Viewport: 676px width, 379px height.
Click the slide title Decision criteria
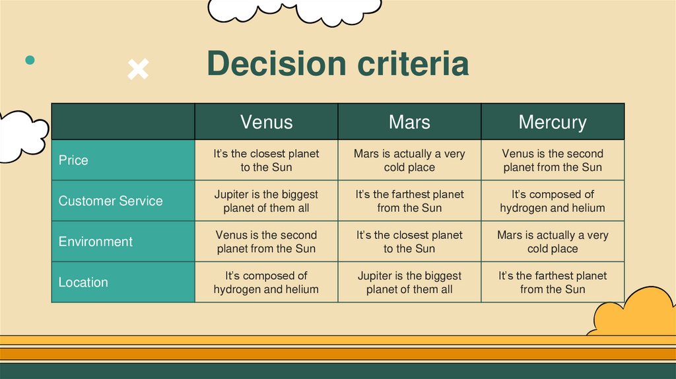point(337,64)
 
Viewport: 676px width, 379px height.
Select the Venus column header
point(266,122)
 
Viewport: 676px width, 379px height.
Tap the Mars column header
point(409,122)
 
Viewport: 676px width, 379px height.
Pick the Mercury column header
point(553,122)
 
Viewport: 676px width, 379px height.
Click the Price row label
point(73,160)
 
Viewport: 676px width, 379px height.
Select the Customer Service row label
point(110,201)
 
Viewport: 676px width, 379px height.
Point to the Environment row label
point(95,242)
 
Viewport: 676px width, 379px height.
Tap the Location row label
point(83,282)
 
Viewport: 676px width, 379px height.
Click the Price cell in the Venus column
point(266,160)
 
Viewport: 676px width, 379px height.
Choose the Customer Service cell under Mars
point(409,201)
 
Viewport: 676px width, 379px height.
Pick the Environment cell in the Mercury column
point(553,242)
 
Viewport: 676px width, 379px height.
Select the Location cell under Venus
point(266,282)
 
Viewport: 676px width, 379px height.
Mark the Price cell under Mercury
point(553,160)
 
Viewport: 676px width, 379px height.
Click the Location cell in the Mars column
point(409,282)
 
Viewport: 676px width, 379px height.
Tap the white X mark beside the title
point(138,69)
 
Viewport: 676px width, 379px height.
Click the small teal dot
point(29,60)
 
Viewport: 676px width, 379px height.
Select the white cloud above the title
point(294,10)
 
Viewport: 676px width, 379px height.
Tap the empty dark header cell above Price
point(123,121)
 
